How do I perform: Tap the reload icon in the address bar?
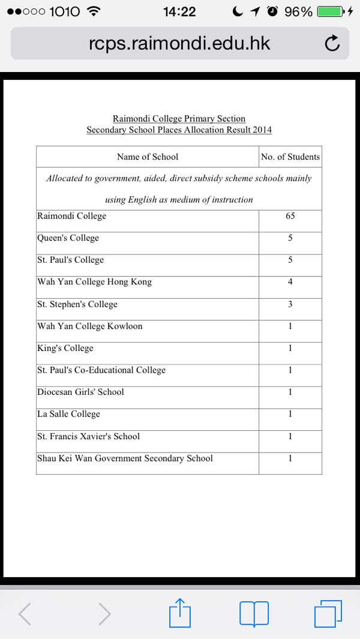pyautogui.click(x=332, y=43)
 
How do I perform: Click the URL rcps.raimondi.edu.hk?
pyautogui.click(x=179, y=43)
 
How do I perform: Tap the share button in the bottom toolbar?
pyautogui.click(x=179, y=613)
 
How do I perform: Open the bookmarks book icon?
pyautogui.click(x=254, y=614)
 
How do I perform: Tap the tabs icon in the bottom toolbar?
pyautogui.click(x=328, y=614)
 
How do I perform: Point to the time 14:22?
pyautogui.click(x=179, y=11)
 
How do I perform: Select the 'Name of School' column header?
pyautogui.click(x=148, y=157)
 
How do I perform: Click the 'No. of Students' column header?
pyautogui.click(x=290, y=157)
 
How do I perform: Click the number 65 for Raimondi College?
pyautogui.click(x=290, y=216)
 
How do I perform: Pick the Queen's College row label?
pyautogui.click(x=68, y=238)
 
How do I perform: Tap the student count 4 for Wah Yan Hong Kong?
pyautogui.click(x=290, y=282)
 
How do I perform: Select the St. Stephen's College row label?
pyautogui.click(x=77, y=304)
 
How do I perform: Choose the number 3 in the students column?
pyautogui.click(x=290, y=304)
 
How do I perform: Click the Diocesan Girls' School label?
pyautogui.click(x=80, y=392)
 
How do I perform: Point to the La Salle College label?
pyautogui.click(x=68, y=414)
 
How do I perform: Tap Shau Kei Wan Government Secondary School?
pyautogui.click(x=125, y=458)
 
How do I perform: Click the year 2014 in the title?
pyautogui.click(x=262, y=130)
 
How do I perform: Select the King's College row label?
pyautogui.click(x=65, y=348)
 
